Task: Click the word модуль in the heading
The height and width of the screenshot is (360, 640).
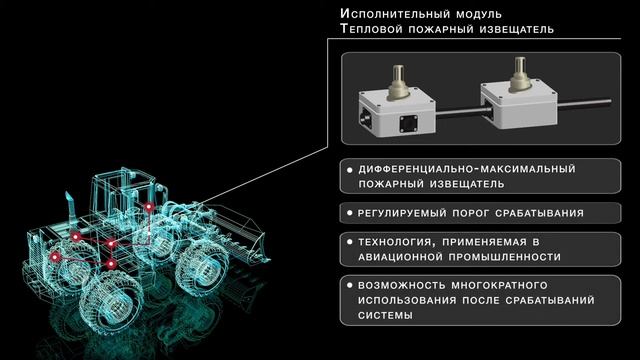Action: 479,14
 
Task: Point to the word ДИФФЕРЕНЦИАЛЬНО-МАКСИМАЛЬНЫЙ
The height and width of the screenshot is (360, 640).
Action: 467,169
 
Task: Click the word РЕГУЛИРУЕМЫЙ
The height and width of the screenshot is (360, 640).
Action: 402,213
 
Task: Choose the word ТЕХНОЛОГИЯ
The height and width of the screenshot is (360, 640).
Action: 394,242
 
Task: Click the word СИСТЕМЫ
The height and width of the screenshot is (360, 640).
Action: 385,315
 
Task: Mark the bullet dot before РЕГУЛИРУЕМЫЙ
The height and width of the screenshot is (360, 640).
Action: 349,213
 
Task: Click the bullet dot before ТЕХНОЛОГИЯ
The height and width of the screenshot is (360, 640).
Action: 349,242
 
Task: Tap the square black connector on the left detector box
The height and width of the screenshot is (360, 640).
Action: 409,124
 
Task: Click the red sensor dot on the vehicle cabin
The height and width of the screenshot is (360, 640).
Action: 149,207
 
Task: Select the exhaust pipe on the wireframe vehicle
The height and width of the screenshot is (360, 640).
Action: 70,209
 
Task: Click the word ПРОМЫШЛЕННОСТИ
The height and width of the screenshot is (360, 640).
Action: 504,257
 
